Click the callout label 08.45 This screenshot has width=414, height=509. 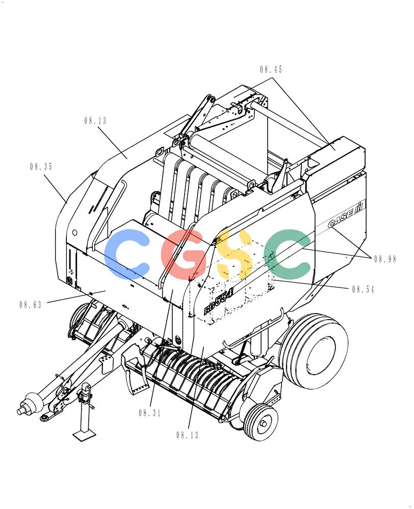click(271, 69)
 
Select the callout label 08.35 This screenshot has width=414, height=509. click(41, 167)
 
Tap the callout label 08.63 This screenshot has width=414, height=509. click(31, 305)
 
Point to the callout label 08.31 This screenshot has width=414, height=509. click(150, 413)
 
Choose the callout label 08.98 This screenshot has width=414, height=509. click(385, 259)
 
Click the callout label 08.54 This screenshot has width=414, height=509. click(363, 289)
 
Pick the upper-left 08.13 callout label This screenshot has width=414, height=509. click(96, 121)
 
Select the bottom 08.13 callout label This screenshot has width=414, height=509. click(188, 435)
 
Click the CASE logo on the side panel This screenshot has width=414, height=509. click(346, 214)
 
